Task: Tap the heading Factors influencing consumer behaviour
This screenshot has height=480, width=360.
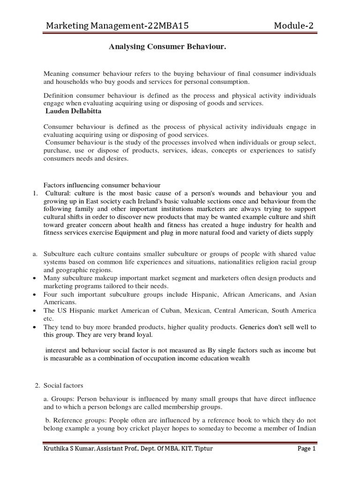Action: click(x=102, y=185)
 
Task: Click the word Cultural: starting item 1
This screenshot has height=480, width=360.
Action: click(x=58, y=193)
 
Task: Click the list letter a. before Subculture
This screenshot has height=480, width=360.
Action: click(x=35, y=254)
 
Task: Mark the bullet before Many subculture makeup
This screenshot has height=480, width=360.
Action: click(x=35, y=278)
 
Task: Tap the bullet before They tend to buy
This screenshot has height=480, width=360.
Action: click(x=35, y=327)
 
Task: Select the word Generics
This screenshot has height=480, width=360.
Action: click(x=254, y=327)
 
